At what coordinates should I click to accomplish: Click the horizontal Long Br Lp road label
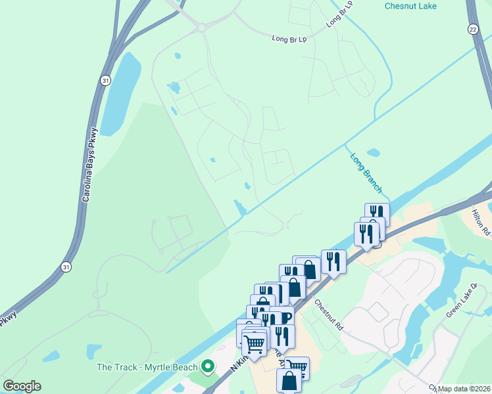coord(289,39)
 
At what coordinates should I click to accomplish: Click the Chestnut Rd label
coord(329,315)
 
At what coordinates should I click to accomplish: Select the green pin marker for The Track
coord(208,366)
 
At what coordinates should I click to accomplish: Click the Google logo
coord(22,385)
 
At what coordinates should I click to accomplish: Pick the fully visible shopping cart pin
coord(253,342)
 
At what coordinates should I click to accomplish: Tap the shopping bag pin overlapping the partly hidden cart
coord(289,380)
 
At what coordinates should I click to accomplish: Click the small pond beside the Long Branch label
coord(373,153)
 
